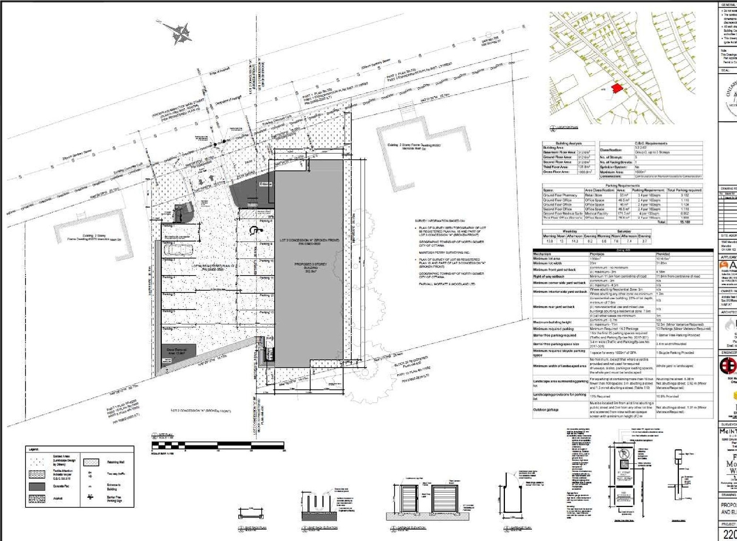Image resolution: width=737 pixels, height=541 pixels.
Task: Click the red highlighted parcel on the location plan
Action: point(617,88)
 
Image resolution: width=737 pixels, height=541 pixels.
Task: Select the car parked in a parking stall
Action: point(178,249)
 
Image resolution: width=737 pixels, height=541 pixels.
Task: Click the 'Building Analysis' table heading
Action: point(568,143)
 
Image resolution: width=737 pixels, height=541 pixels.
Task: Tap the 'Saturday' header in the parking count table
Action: point(624,231)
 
